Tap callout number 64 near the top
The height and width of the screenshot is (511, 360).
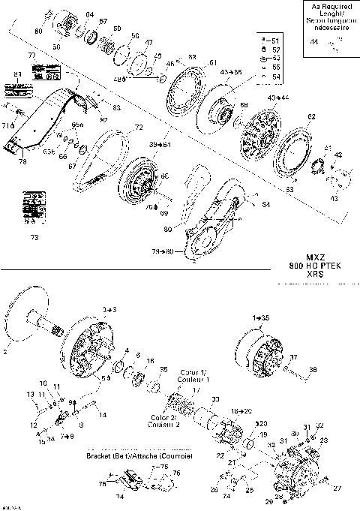click(x=90, y=15)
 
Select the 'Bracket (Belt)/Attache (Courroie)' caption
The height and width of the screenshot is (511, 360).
click(x=139, y=455)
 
